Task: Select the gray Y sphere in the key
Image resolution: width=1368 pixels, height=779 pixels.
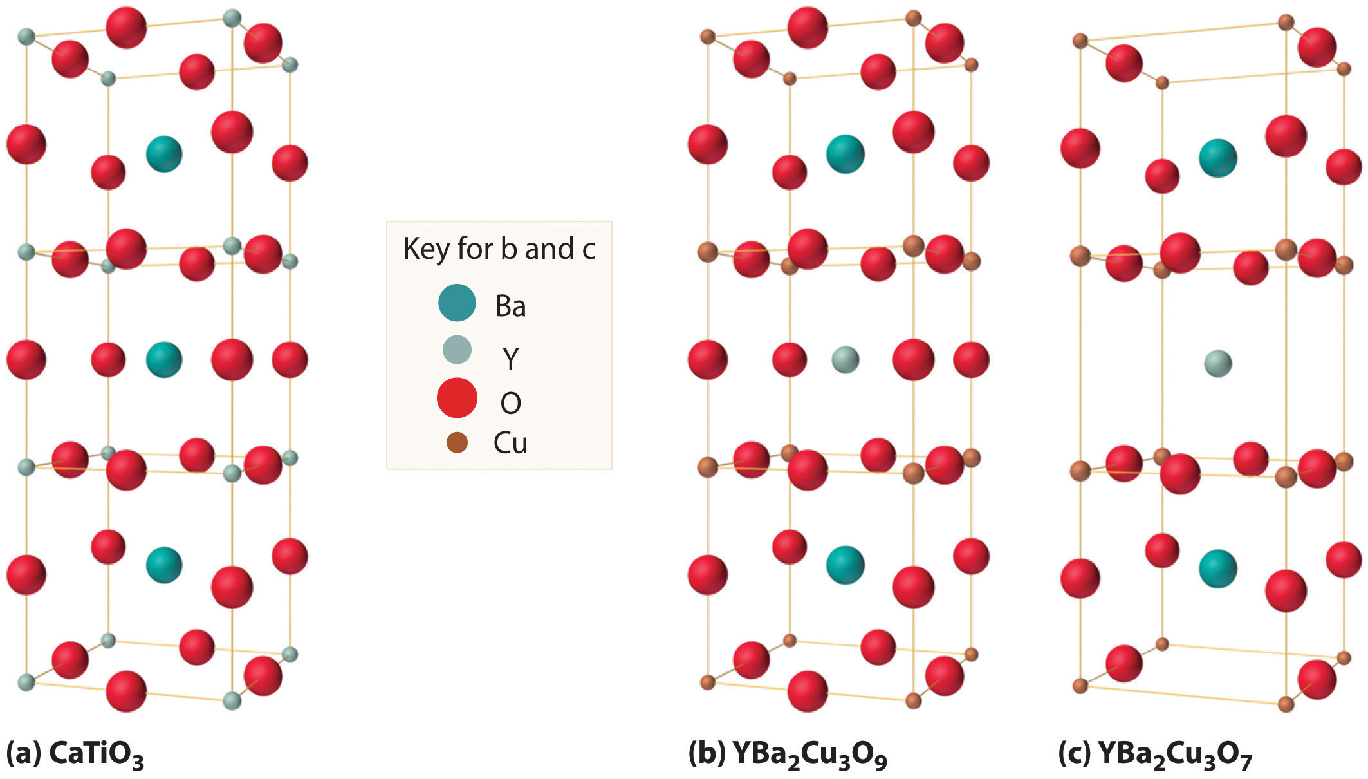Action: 457,350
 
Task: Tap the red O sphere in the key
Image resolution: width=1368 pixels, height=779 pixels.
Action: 457,397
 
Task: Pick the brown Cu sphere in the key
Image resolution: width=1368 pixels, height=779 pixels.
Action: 457,442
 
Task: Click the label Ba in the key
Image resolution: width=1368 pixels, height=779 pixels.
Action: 510,306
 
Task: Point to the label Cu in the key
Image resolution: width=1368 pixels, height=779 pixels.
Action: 510,444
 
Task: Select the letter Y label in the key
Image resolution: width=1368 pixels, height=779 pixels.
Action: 510,358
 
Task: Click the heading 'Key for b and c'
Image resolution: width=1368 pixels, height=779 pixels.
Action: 499,249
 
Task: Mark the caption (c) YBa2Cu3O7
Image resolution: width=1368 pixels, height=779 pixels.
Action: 1156,755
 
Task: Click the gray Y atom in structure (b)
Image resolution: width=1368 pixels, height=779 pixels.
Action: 845,359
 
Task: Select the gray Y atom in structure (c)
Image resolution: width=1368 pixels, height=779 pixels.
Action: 1217,363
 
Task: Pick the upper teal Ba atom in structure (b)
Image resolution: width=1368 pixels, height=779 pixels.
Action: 845,154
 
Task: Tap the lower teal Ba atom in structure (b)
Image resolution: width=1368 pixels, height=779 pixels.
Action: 845,565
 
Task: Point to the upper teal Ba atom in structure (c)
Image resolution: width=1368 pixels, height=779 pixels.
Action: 1217,158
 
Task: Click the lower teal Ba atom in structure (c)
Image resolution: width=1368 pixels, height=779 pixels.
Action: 1217,568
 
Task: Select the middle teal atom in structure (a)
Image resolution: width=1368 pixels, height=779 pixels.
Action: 164,359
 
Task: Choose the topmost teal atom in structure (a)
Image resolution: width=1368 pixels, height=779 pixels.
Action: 164,154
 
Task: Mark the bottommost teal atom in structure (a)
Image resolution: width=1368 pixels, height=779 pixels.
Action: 164,565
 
